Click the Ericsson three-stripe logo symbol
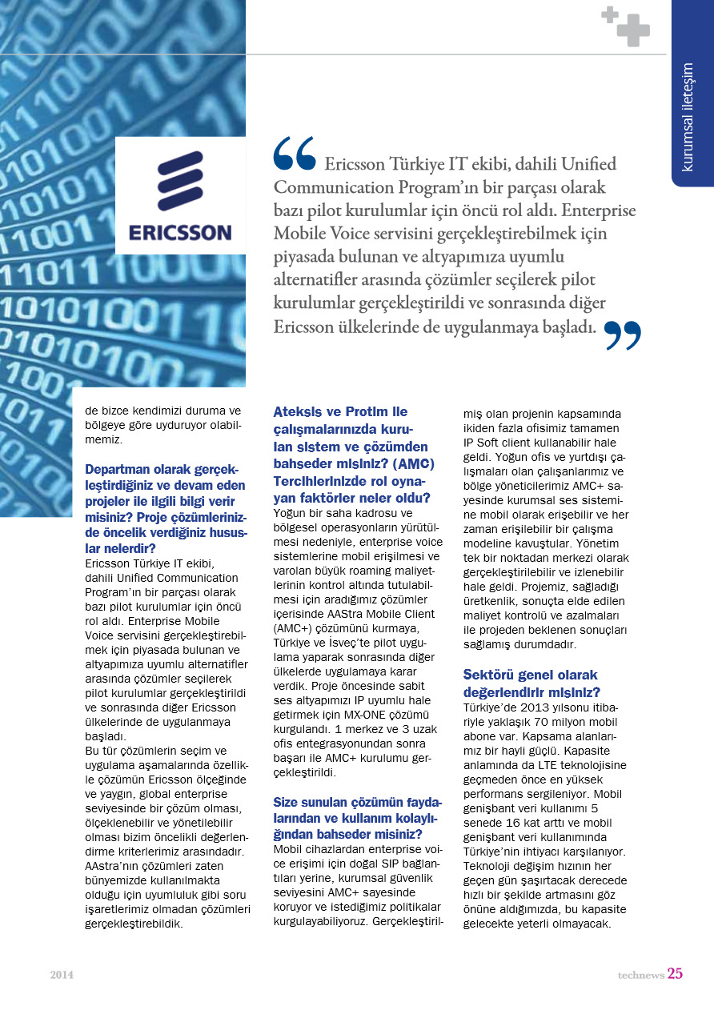pyautogui.click(x=180, y=181)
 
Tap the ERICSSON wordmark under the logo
pyautogui.click(x=180, y=232)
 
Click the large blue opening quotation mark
pyautogui.click(x=294, y=154)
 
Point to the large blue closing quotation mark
pyautogui.click(x=623, y=335)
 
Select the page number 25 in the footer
pyautogui.click(x=675, y=974)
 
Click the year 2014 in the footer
pyautogui.click(x=62, y=975)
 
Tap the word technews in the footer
pyautogui.click(x=640, y=975)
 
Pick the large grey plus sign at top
pyautogui.click(x=633, y=30)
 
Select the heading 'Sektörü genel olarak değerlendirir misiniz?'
pyautogui.click(x=531, y=683)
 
